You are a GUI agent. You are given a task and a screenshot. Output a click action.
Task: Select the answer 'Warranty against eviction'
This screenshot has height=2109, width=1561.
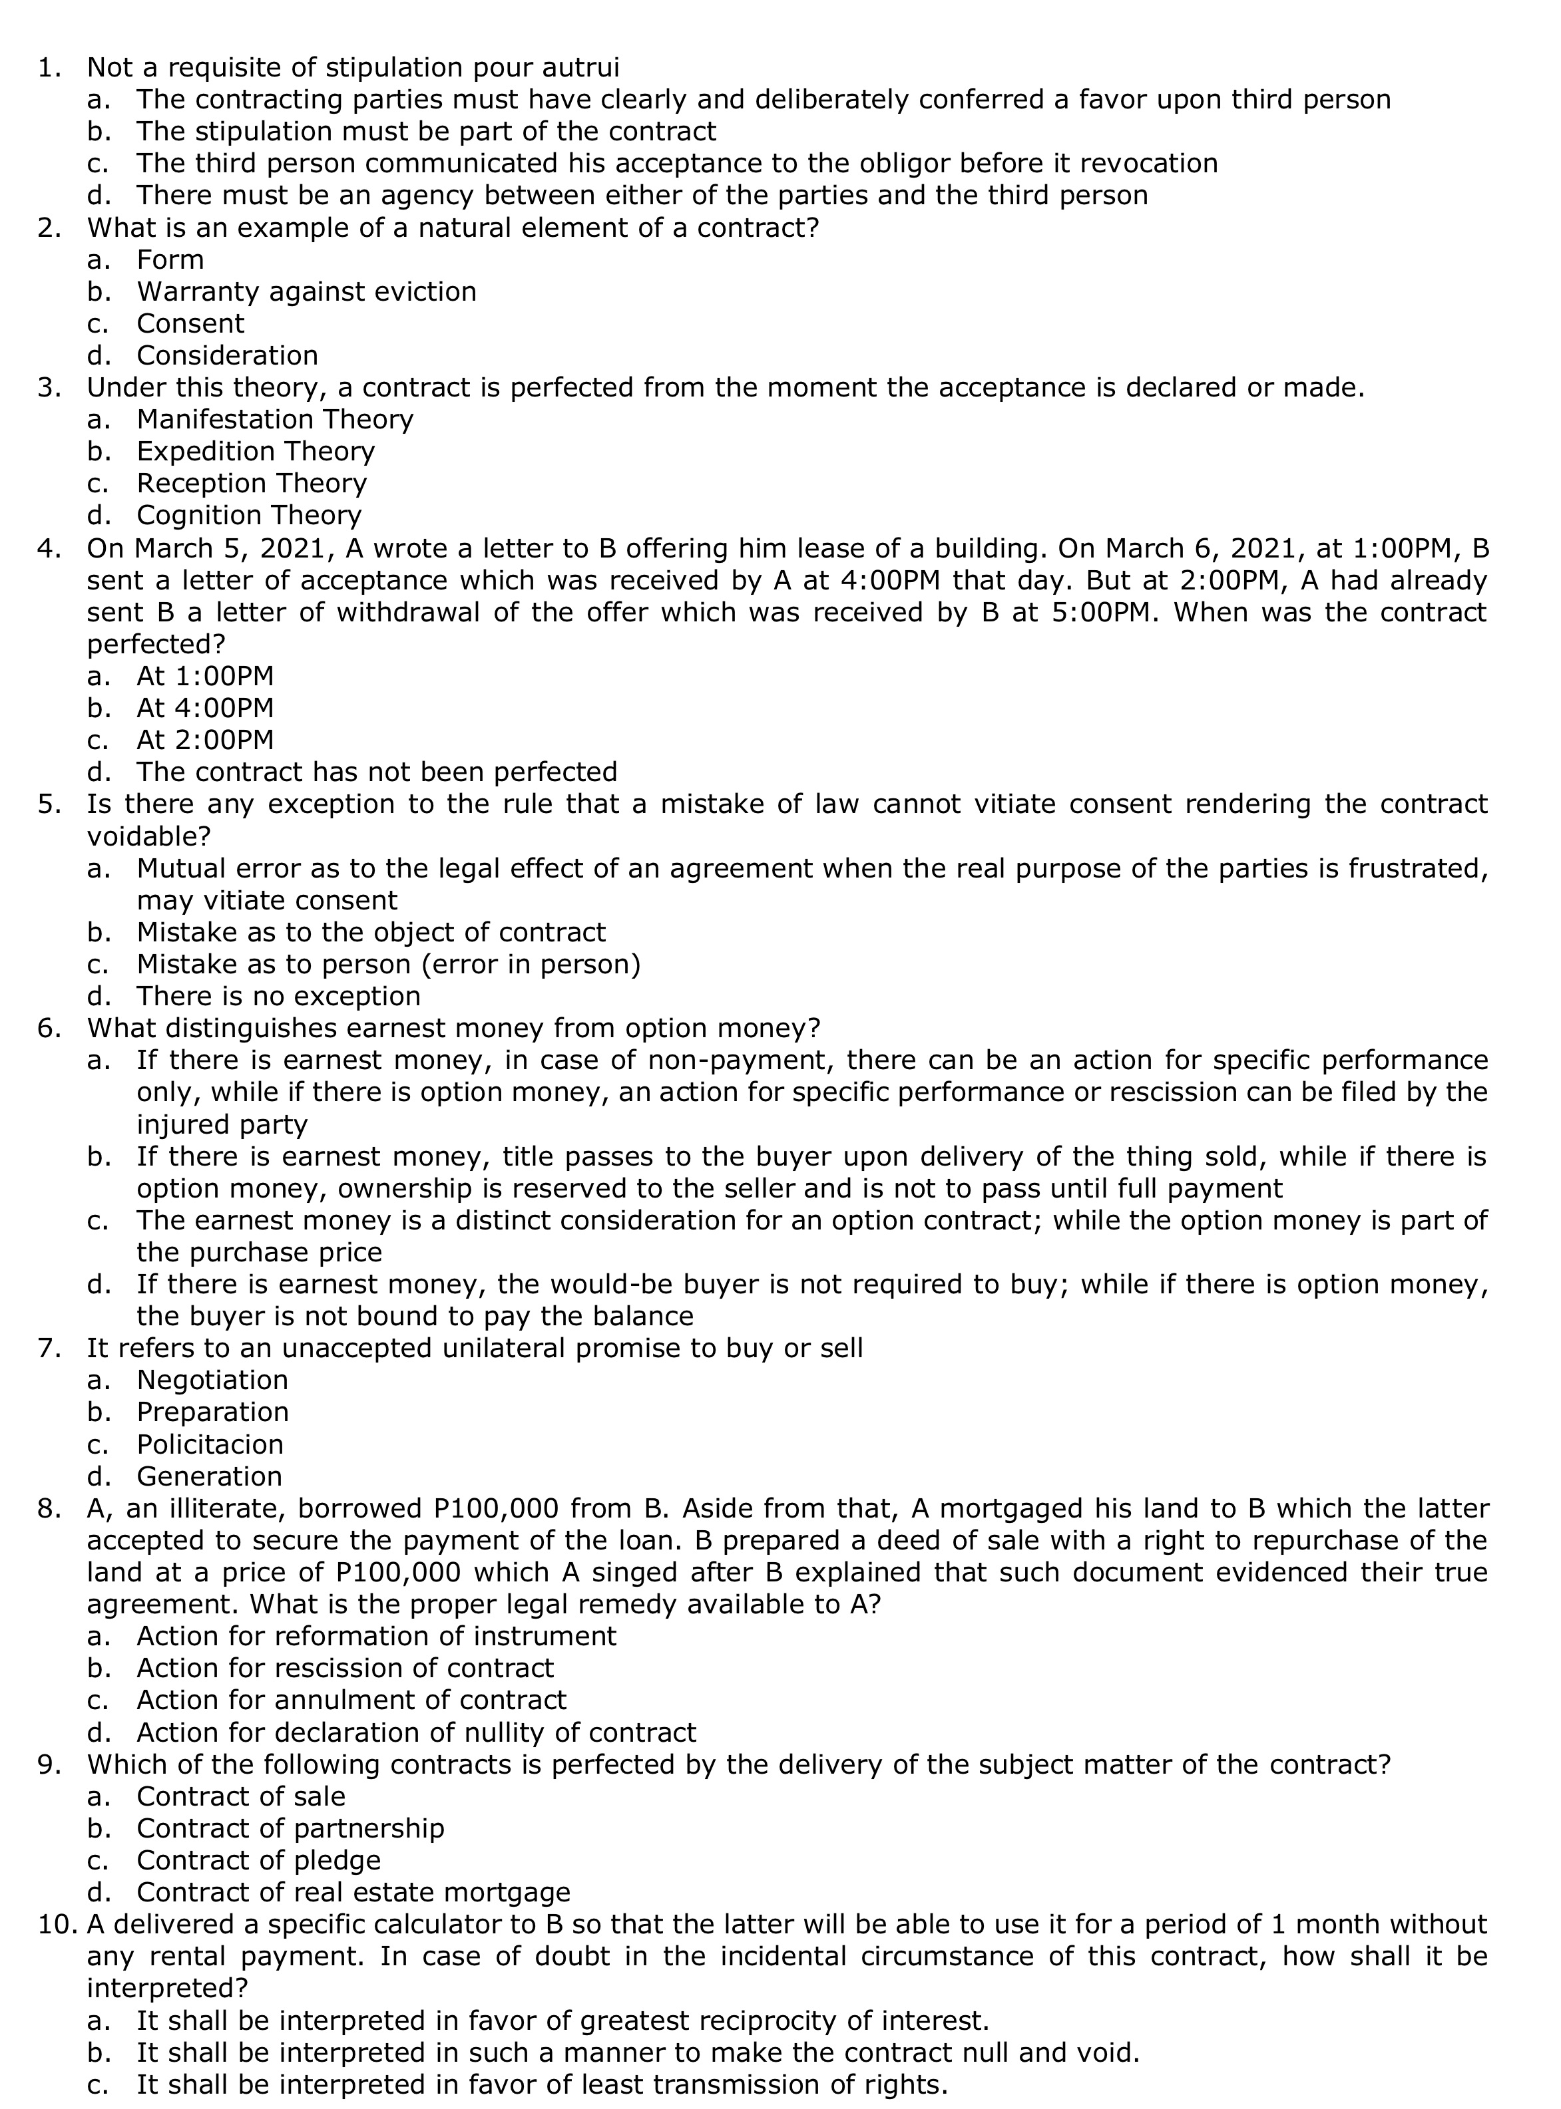pos(306,292)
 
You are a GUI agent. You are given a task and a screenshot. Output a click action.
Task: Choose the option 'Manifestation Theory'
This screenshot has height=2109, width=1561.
pos(275,419)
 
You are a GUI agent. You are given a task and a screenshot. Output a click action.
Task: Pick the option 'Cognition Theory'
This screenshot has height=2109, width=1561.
pos(248,516)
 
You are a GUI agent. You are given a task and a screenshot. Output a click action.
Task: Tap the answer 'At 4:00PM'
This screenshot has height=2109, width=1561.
pos(205,707)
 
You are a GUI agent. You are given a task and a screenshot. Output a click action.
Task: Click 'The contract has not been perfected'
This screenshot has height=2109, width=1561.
pos(376,772)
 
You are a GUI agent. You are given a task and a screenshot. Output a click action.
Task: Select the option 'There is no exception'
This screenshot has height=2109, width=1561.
pos(279,997)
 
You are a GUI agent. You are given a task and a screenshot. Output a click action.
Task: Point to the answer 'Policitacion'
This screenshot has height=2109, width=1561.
pos(210,1444)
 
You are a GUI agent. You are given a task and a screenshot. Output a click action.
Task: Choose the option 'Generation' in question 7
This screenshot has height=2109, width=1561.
pos(209,1476)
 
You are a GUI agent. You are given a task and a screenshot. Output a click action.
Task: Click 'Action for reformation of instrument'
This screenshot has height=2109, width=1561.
pos(376,1636)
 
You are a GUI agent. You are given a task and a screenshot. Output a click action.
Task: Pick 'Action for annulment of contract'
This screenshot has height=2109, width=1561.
pos(351,1700)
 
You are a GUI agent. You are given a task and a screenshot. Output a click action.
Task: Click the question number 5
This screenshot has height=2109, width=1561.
pos(48,805)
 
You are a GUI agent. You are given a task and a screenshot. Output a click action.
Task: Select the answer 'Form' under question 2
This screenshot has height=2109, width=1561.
pos(170,259)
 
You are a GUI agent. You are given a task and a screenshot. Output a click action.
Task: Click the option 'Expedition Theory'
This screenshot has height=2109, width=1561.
pos(255,452)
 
